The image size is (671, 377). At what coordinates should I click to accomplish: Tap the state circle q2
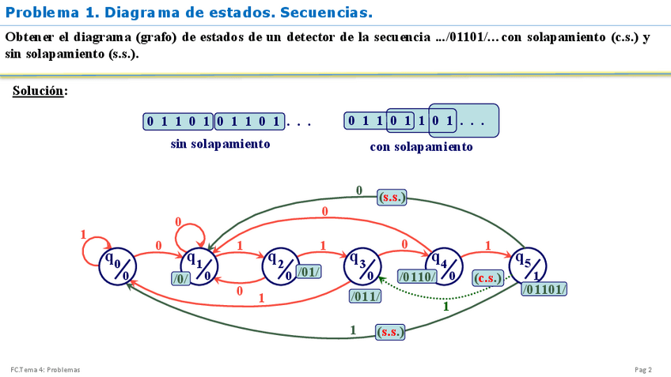tap(280, 265)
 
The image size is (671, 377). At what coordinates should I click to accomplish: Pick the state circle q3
tap(362, 265)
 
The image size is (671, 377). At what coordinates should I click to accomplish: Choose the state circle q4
tap(445, 265)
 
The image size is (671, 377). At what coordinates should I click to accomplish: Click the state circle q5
tap(527, 265)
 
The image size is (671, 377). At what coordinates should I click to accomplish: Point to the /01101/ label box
tap(544, 289)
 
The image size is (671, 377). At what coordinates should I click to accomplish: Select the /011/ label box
tap(365, 296)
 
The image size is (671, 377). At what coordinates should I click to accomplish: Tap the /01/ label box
tap(309, 272)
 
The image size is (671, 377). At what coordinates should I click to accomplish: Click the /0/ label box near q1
tap(181, 278)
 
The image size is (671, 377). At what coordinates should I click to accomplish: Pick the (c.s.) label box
tap(488, 278)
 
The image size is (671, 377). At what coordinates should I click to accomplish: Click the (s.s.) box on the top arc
tap(391, 198)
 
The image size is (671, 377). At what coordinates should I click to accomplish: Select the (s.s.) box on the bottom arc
tap(390, 332)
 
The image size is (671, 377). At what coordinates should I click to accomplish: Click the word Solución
tap(39, 91)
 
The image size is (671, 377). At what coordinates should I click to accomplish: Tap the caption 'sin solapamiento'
tap(220, 145)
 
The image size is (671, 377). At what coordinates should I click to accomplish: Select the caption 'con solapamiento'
tap(421, 147)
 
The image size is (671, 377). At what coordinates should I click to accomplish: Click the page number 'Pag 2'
tap(643, 370)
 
